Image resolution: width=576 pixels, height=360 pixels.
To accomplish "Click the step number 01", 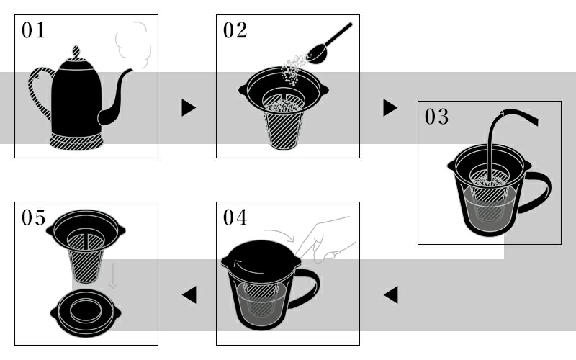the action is tap(33, 30).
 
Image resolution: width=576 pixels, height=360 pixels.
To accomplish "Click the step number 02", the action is tap(235, 30).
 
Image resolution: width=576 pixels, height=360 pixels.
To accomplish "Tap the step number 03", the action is tap(436, 117).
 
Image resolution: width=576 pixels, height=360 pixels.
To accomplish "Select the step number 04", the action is tap(235, 217).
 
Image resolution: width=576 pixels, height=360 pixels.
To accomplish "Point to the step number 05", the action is tap(33, 217).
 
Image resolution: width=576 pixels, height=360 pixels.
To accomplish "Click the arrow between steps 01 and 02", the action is tap(189, 107).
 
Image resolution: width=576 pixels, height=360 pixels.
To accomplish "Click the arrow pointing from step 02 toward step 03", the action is tap(390, 107).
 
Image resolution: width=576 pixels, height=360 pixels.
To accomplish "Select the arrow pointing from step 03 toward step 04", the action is tap(390, 295).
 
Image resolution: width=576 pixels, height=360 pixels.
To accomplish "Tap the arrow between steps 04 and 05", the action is tap(189, 295).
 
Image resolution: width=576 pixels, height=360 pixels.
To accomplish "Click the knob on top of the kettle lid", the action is tap(76, 53).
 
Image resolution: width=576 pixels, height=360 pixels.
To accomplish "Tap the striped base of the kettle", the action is tap(76, 141).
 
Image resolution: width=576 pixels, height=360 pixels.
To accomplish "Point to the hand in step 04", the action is tap(323, 239).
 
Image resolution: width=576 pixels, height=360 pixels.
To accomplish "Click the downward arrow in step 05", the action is tap(113, 276).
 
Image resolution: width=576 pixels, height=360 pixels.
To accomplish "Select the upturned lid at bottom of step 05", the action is tap(86, 313).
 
